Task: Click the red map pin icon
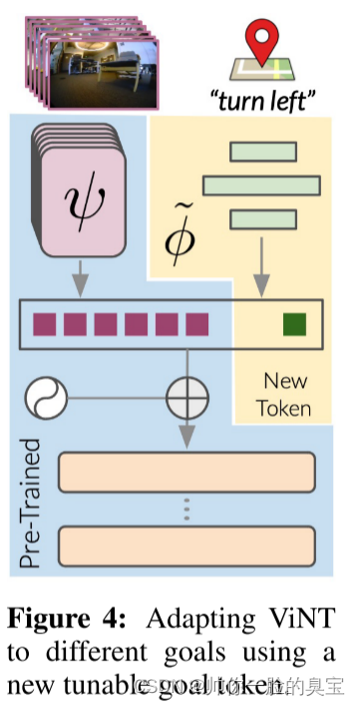click(x=263, y=40)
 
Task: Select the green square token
click(x=294, y=323)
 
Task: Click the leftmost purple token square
click(x=44, y=323)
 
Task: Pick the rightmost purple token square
click(x=196, y=323)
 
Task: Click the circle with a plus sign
click(x=183, y=400)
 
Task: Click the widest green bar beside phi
click(x=260, y=185)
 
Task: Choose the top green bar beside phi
click(x=262, y=152)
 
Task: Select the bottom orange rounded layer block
click(x=186, y=545)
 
